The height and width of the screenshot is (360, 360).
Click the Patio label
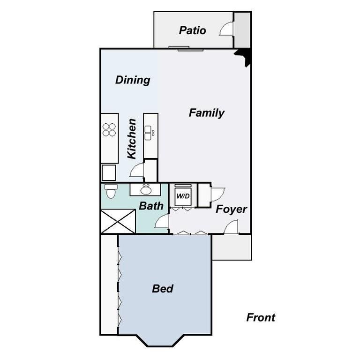[x=192, y=31]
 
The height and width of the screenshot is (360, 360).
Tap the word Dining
[x=133, y=80]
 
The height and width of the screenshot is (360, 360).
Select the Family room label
[x=206, y=113]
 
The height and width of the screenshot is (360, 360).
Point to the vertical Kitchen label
[x=132, y=138]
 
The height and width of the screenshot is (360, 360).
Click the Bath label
[x=151, y=206]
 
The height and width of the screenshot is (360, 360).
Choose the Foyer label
[x=231, y=210]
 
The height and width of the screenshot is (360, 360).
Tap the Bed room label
[x=163, y=289]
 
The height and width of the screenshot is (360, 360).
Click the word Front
[x=261, y=318]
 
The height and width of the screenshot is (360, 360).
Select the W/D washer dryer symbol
[x=183, y=195]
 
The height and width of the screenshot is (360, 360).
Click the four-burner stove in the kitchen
[x=109, y=129]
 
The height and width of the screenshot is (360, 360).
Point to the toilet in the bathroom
[x=111, y=191]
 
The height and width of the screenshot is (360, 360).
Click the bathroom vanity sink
[x=146, y=189]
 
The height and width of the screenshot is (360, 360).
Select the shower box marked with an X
[x=118, y=221]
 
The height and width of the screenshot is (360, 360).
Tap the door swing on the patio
[x=226, y=30]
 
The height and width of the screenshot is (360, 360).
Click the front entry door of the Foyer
[x=232, y=228]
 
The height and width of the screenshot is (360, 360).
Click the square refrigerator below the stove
[x=109, y=172]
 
